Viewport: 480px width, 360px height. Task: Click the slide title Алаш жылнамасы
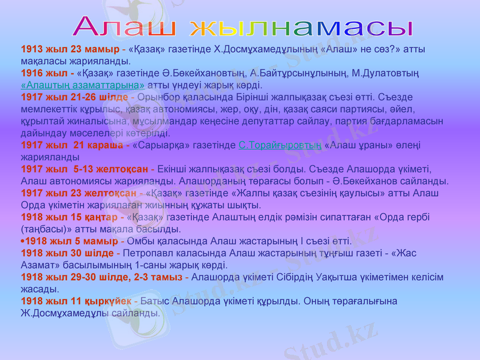coord(244,26)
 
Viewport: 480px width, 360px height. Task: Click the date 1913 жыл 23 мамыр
coord(70,49)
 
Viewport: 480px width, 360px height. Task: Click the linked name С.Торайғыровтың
coord(280,145)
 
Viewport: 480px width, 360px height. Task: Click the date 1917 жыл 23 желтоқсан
coord(79,193)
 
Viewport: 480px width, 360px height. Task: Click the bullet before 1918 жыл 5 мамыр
coord(23,241)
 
